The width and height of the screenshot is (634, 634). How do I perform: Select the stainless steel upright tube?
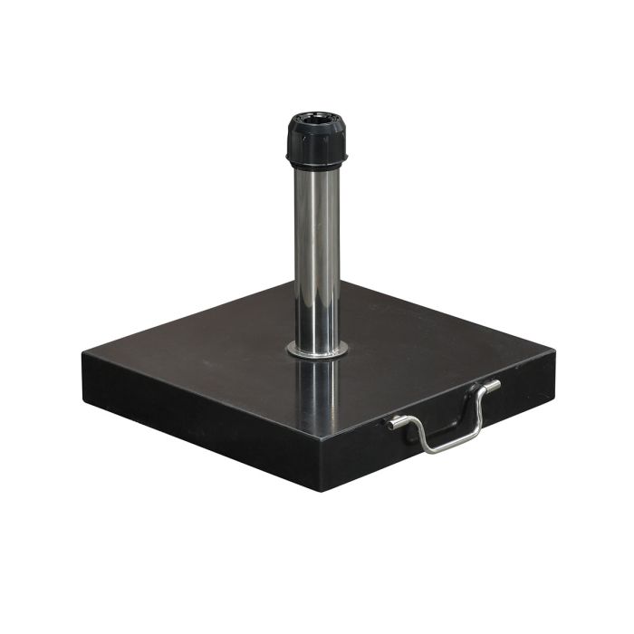[x=317, y=254]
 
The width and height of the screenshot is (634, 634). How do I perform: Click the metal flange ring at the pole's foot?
[x=317, y=349]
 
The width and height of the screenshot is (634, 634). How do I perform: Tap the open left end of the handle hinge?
[x=391, y=423]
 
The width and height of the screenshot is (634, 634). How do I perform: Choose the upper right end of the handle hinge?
[x=495, y=385]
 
